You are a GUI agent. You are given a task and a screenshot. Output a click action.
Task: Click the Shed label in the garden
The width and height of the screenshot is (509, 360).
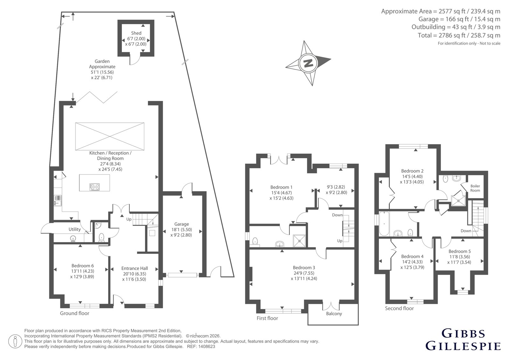pos(136,33)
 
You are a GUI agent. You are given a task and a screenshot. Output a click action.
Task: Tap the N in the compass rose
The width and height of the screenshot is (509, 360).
pos(308,63)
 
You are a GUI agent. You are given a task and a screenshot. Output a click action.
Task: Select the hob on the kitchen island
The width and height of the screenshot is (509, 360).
pos(95,187)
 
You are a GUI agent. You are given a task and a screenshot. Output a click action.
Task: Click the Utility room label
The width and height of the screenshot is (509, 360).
pos(74,229)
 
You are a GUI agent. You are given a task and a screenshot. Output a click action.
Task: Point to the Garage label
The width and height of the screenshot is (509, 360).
pos(182,224)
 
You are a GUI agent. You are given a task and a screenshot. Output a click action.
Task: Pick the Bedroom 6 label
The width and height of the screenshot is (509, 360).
pos(82,265)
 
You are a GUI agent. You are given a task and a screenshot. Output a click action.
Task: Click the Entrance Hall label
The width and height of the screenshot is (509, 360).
pos(135,268)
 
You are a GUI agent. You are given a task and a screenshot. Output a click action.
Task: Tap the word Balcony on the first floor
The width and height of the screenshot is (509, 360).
pos(334,314)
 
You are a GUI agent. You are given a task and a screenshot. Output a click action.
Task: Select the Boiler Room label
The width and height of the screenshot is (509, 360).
pos(475,188)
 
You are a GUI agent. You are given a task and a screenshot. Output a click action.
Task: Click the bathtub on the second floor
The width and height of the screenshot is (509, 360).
pos(384,224)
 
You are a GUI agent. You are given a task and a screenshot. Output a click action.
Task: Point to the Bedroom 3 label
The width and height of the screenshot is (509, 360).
pos(304,267)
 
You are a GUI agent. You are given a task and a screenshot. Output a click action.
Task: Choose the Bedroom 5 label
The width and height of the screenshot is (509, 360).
pos(459,251)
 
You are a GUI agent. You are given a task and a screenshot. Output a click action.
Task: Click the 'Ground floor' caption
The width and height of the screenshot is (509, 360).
pos(74,313)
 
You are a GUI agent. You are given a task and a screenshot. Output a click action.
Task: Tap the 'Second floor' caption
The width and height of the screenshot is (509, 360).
pos(399,308)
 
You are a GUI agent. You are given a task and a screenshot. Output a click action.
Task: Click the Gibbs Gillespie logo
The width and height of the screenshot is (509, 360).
pos(463,340)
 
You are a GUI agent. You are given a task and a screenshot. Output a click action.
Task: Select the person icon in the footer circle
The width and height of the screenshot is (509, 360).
pos(15,341)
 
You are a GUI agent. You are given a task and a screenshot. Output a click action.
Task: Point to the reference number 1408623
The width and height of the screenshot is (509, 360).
pos(206,347)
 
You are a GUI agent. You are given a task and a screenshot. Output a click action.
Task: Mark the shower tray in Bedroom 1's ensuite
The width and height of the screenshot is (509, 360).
pos(299,241)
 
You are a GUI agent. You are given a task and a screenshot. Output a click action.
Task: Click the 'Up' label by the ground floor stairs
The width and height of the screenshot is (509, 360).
pos(129,219)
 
